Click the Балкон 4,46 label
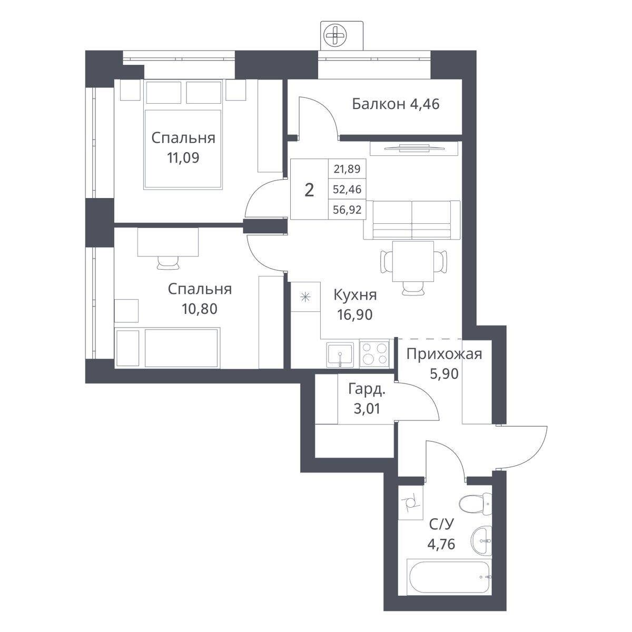396,104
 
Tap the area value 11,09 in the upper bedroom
183,158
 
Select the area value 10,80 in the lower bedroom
200,309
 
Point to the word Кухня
355,295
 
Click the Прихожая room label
445,354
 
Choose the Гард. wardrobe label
367,389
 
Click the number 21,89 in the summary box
347,169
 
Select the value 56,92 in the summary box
347,209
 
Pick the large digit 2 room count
309,190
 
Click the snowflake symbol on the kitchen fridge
305,297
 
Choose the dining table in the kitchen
413,261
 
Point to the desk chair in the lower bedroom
168,263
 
